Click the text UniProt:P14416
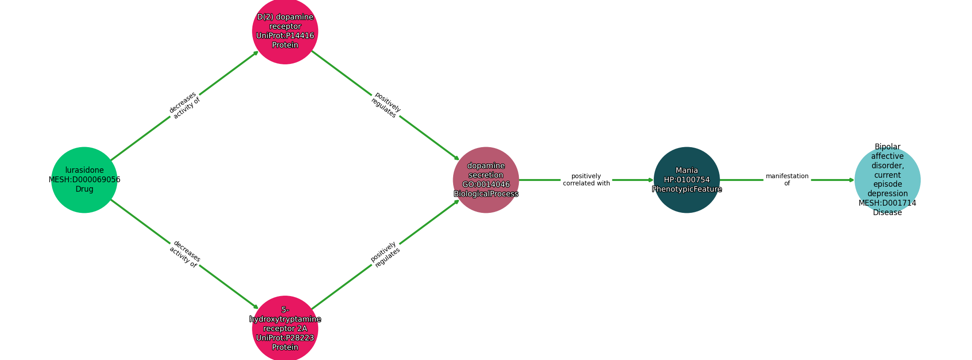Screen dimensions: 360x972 285,36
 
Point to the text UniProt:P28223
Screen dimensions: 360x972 285,338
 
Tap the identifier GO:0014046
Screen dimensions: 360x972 486,184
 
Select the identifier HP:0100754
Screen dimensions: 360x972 687,180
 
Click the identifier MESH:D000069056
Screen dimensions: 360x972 84,180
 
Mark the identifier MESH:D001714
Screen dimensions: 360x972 887,203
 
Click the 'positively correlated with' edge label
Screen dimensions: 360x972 586,180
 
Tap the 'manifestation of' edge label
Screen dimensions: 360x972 787,180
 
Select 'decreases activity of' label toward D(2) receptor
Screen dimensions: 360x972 184,105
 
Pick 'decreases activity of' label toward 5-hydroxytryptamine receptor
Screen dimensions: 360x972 184,254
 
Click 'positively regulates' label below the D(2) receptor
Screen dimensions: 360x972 385,105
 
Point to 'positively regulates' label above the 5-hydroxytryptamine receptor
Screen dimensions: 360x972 385,254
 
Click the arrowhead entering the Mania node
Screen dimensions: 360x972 651,180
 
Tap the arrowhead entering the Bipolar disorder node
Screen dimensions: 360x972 851,180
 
